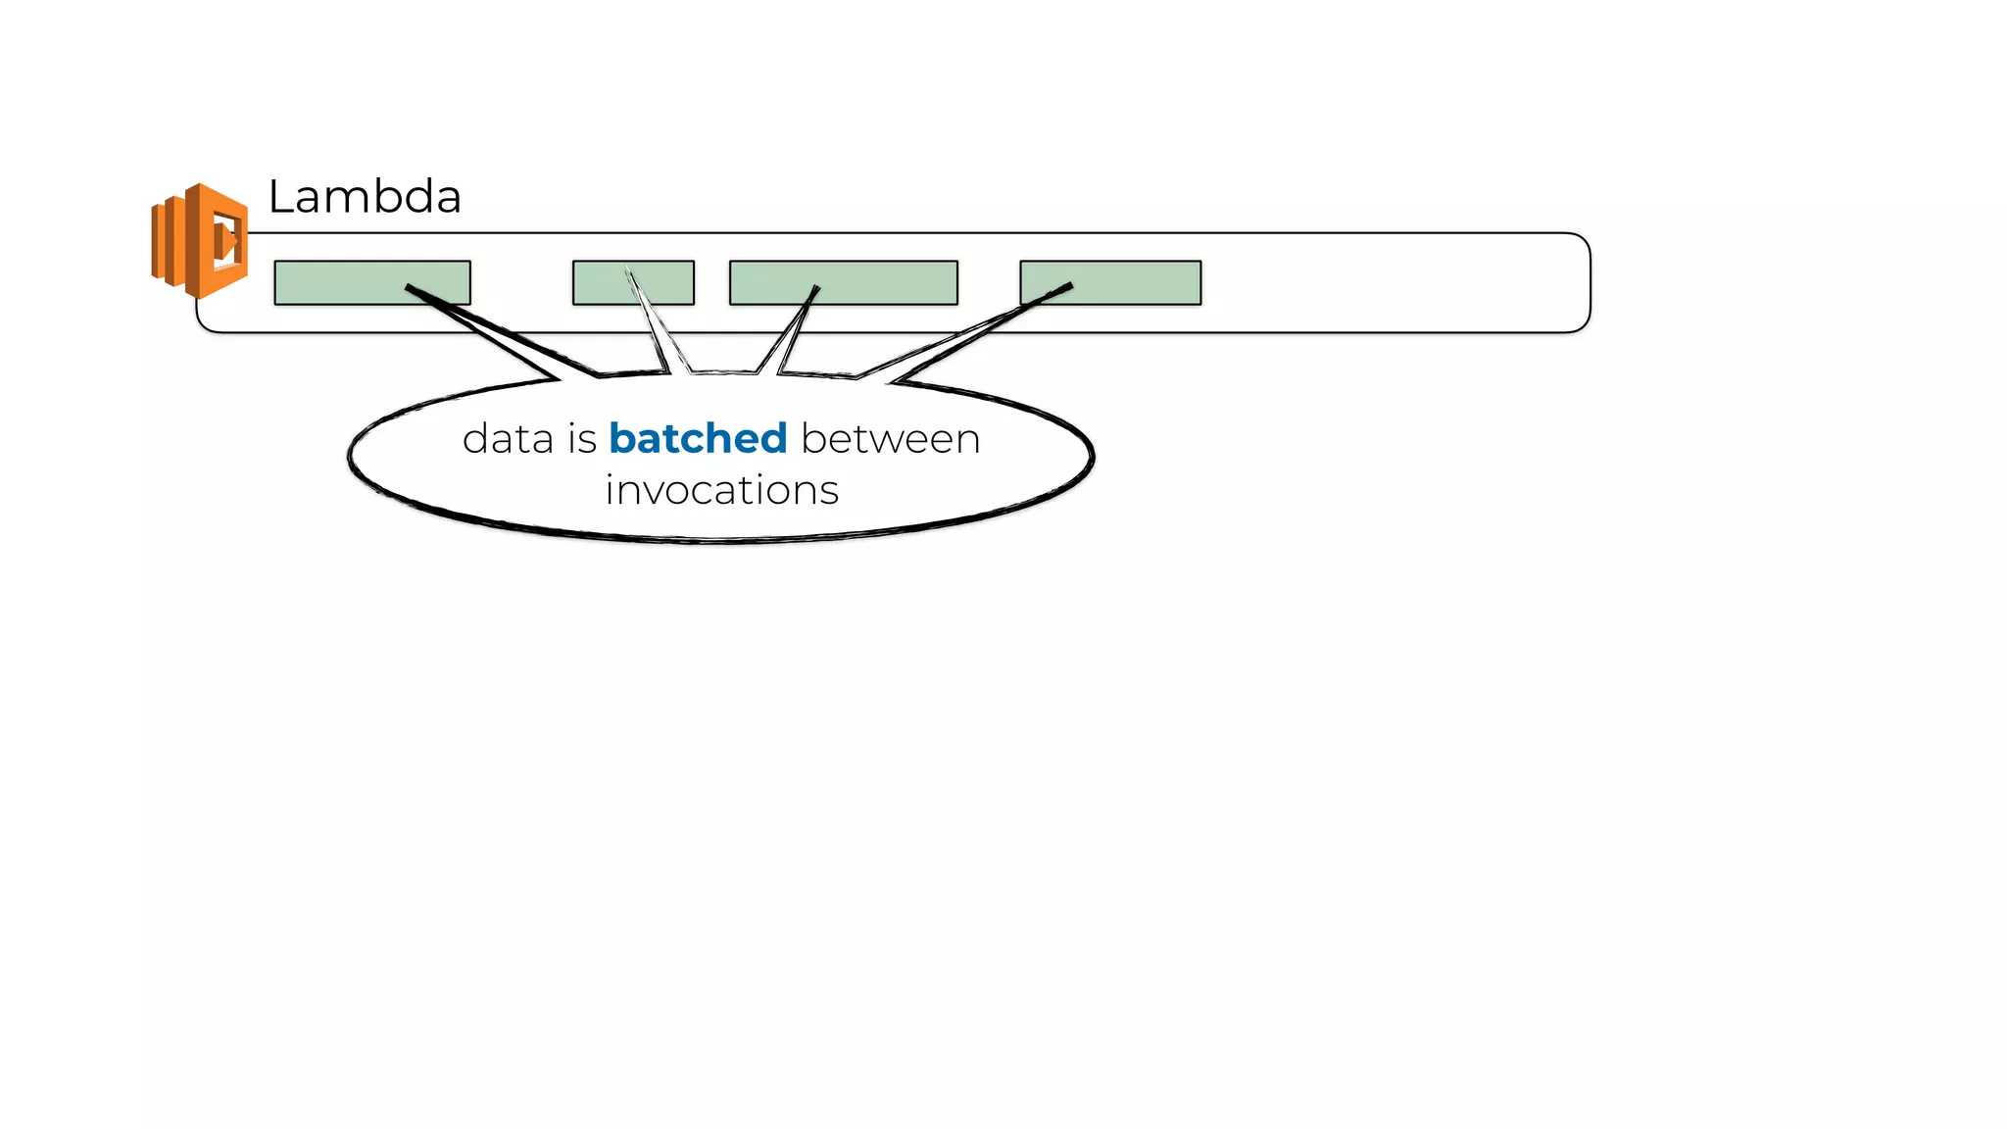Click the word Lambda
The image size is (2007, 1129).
tap(365, 197)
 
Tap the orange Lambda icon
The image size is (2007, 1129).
tap(202, 240)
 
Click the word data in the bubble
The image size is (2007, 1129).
tap(508, 439)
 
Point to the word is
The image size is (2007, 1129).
tap(582, 439)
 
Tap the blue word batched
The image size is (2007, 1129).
tap(698, 439)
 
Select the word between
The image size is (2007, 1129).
tap(890, 439)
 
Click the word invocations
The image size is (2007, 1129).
tap(721, 490)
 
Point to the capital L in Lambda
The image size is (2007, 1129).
tap(279, 197)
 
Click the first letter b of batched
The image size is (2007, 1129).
tap(621, 439)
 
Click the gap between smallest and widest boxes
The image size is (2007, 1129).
tap(712, 282)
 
